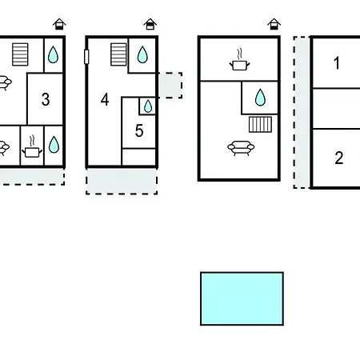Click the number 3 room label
tap(46, 99)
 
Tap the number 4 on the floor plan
tap(105, 100)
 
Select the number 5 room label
tap(139, 130)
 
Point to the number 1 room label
tap(337, 63)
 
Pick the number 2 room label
tap(339, 158)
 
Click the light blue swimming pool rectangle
tap(242, 298)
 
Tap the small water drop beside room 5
tap(148, 106)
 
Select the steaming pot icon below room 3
tap(32, 147)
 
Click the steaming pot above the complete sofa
tap(240, 60)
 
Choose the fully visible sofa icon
tap(241, 148)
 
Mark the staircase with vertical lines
tap(261, 125)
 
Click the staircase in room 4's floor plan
tap(118, 54)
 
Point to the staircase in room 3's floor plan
tap(20, 54)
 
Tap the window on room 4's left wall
tap(86, 57)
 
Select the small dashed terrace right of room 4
tap(170, 86)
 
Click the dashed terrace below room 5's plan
tap(122, 181)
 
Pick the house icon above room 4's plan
tap(150, 24)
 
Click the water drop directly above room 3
tap(53, 54)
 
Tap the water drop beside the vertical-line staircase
tap(260, 98)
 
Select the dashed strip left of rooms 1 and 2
tap(302, 112)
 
